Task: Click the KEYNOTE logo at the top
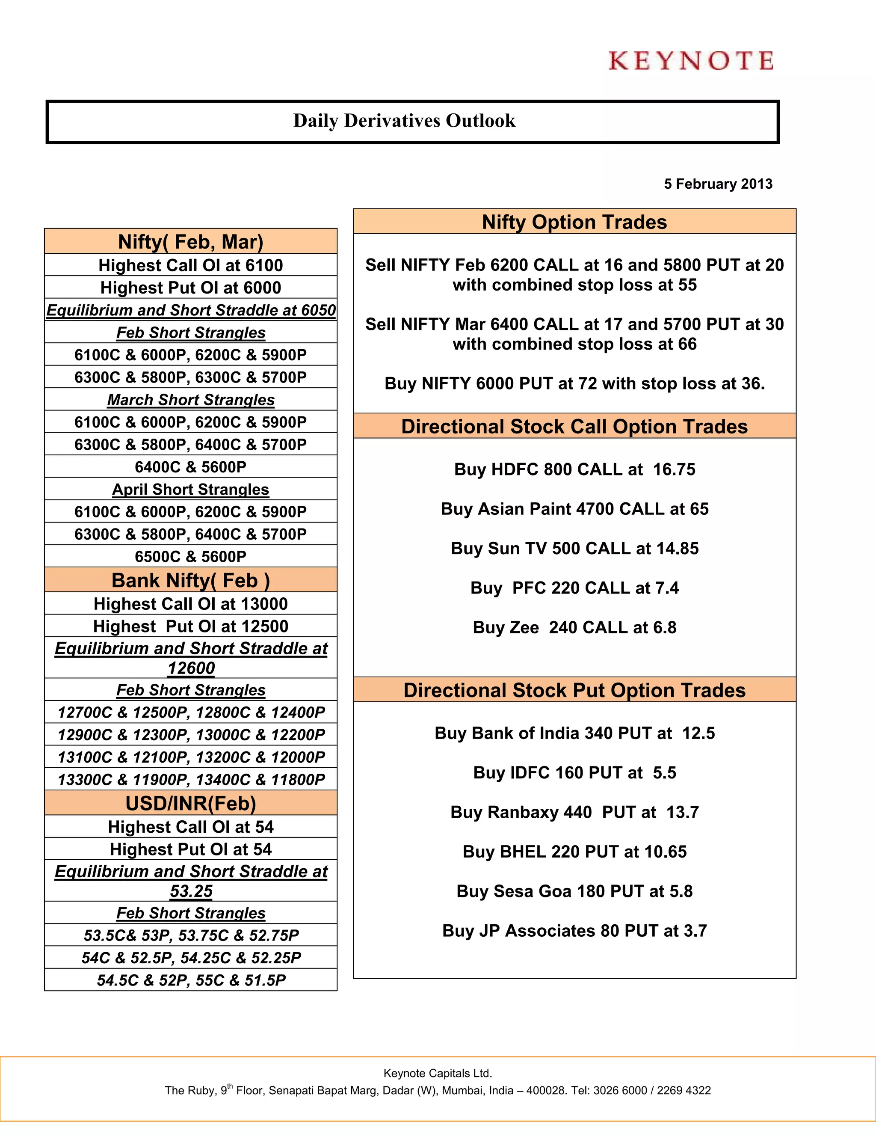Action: pos(691,61)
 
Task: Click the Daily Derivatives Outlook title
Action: pos(404,121)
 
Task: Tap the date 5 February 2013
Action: pos(718,184)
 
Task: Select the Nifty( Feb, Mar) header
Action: pos(190,242)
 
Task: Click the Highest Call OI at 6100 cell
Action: pos(190,265)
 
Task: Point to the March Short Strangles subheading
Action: pos(190,400)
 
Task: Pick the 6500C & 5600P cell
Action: pos(190,557)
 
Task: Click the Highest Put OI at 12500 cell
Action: pos(190,626)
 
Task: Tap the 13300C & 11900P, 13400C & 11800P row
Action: pos(190,779)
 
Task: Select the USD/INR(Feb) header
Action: pos(190,803)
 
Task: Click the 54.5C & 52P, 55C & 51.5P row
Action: pos(190,980)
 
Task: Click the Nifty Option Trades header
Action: pos(574,222)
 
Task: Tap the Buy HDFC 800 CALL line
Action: pos(574,469)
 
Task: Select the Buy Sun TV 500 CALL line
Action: pos(574,548)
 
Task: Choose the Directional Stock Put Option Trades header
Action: pos(574,691)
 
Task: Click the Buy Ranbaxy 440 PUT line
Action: pos(574,812)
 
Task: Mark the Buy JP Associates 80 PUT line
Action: pos(574,930)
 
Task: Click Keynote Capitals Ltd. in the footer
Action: pos(438,1073)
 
